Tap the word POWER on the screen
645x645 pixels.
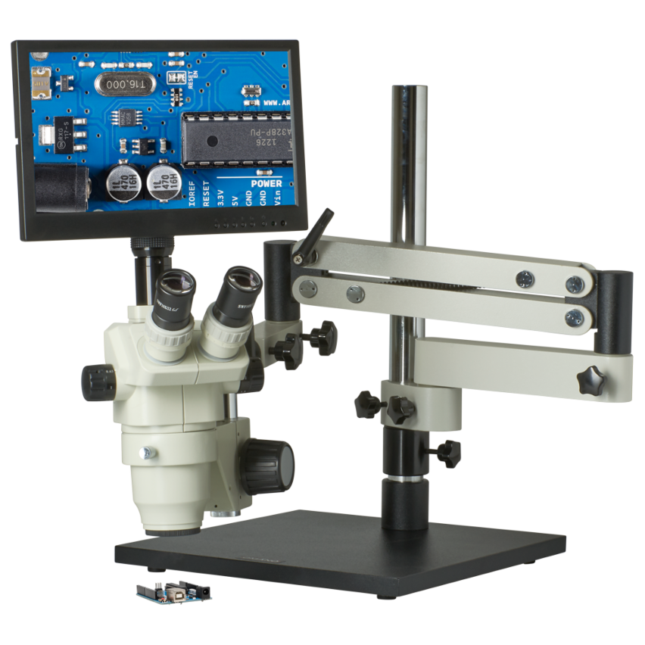pyautogui.click(x=266, y=184)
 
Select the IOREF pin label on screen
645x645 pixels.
pyautogui.click(x=190, y=196)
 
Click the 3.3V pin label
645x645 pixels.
pyautogui.click(x=220, y=199)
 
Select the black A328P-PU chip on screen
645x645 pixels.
pyautogui.click(x=238, y=137)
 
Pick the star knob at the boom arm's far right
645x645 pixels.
pyautogui.click(x=591, y=380)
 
